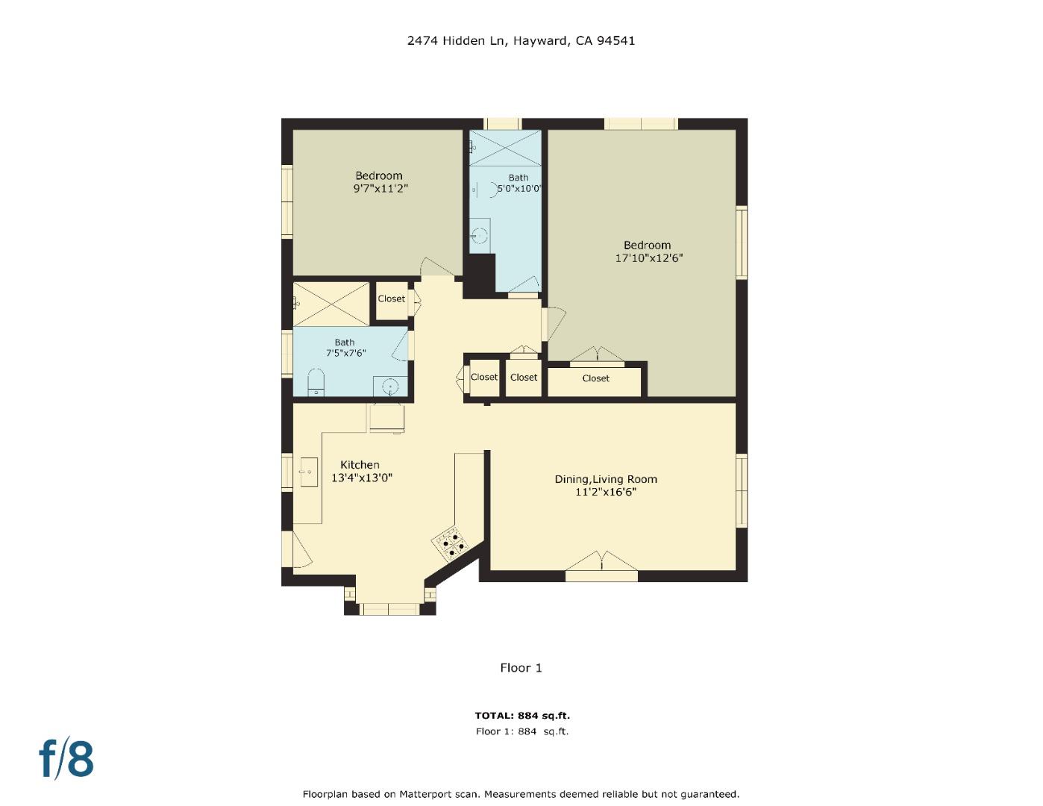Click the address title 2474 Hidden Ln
coord(521,41)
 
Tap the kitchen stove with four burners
coord(450,544)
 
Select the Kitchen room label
coord(360,465)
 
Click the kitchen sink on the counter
coord(308,472)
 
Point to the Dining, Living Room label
coord(605,479)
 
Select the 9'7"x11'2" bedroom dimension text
coord(380,189)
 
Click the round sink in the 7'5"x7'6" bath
coord(390,386)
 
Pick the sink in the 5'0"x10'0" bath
coord(481,237)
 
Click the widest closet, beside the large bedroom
coord(595,379)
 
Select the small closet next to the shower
coord(391,299)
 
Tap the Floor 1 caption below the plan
coord(521,668)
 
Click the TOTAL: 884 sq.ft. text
coord(522,716)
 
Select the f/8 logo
coord(66,759)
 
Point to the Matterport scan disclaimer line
coord(521,794)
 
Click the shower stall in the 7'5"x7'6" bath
coord(331,303)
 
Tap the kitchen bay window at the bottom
coord(389,608)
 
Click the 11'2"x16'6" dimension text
coord(605,492)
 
